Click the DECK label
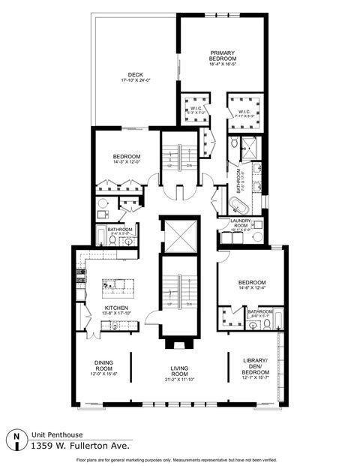[135, 74]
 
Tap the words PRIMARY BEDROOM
[223, 56]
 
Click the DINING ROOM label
[103, 365]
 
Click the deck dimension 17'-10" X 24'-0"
[135, 81]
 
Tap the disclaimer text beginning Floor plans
[179, 458]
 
